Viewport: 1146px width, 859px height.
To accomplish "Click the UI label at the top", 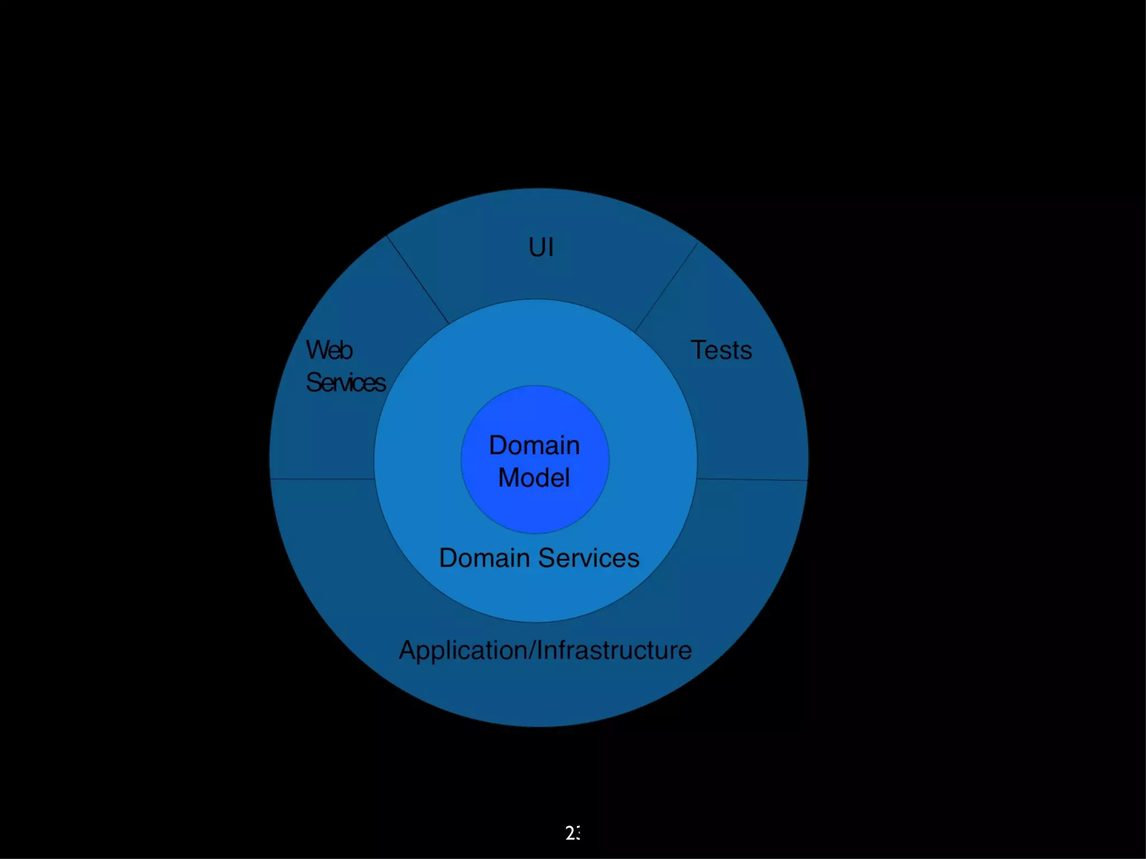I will [x=541, y=247].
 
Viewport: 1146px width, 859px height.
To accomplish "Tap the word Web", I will [x=329, y=350].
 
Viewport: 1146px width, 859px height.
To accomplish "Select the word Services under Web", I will [x=346, y=383].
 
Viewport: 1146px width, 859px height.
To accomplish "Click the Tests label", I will [x=721, y=350].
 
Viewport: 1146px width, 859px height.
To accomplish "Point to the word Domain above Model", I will [x=534, y=446].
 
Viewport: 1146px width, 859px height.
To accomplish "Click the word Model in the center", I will [x=534, y=478].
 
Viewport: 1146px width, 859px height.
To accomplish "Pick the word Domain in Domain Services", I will [x=484, y=558].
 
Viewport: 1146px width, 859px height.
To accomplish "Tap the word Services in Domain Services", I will [x=589, y=558].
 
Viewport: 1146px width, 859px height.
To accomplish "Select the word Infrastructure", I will [x=614, y=650].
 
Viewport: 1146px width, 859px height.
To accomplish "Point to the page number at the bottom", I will [x=572, y=833].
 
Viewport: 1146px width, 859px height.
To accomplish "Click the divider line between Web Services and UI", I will [x=418, y=280].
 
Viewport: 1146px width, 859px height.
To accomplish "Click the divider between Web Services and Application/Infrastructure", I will [x=322, y=479].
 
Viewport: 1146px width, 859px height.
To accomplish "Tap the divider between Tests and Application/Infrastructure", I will [x=752, y=479].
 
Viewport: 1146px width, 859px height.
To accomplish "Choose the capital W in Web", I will [x=316, y=350].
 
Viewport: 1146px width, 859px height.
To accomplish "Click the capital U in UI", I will [x=536, y=247].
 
